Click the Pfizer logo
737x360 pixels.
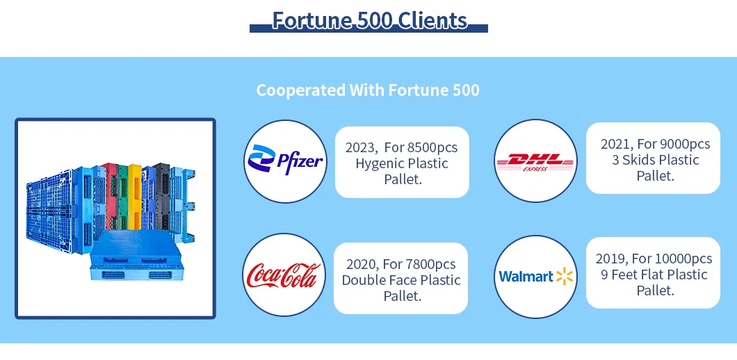(x=285, y=161)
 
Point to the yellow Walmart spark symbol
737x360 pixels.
(x=565, y=277)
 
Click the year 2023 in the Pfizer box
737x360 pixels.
(x=361, y=147)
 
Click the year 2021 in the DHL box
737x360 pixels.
(x=617, y=144)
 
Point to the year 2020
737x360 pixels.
(x=362, y=264)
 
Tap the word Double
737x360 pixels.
(x=364, y=280)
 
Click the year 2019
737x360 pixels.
(x=611, y=259)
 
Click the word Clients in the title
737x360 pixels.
(x=432, y=20)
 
